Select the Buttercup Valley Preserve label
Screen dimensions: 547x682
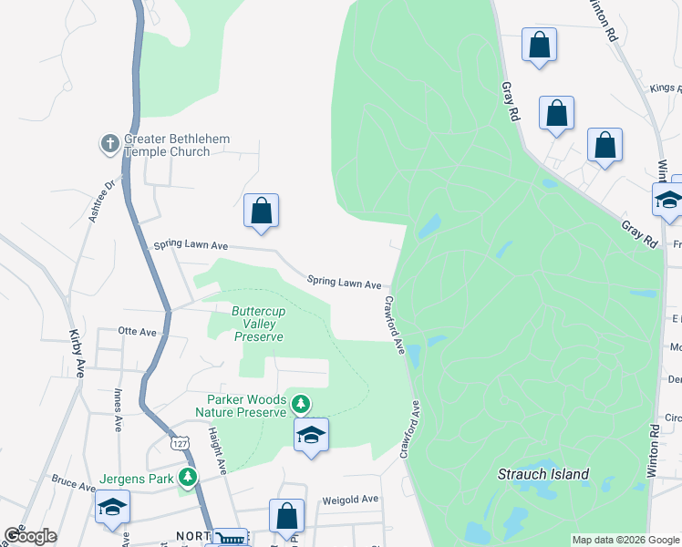258,324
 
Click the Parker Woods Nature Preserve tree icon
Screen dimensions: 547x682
300,403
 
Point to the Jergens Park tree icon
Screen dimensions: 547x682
188,476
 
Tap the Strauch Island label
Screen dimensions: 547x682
543,474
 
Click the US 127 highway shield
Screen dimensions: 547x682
179,442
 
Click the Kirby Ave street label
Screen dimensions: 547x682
76,355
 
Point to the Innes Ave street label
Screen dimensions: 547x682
118,409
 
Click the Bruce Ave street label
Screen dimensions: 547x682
74,481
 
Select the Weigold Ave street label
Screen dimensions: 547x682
350,500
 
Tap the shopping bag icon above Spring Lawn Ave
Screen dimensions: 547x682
262,211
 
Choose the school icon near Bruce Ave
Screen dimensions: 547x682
112,507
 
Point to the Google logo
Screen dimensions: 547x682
30,536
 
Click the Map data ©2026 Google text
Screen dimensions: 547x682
625,540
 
